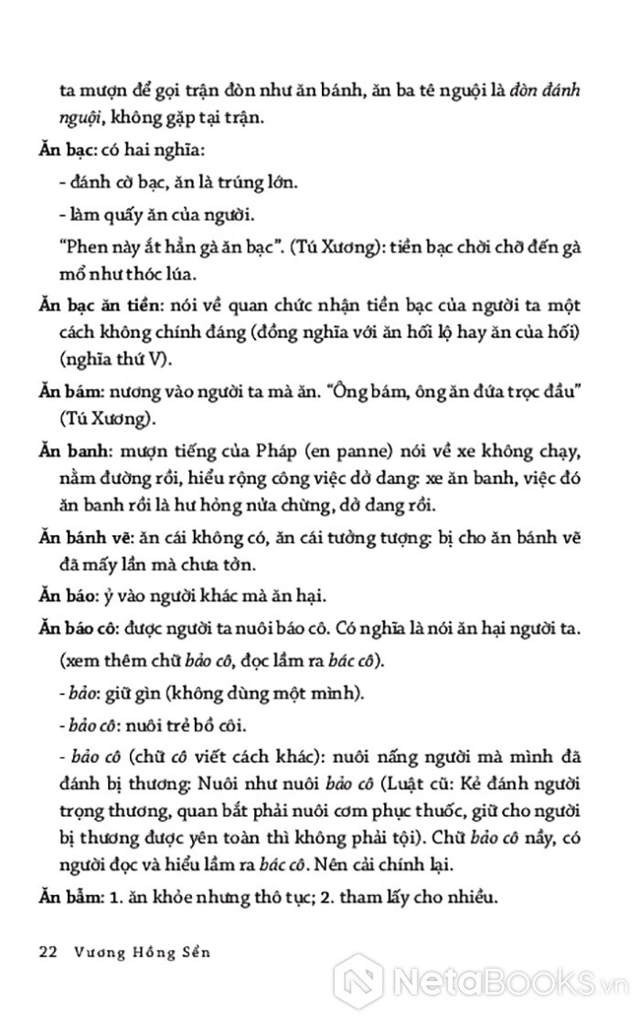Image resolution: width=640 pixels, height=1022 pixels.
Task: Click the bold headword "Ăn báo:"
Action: click(69, 595)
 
